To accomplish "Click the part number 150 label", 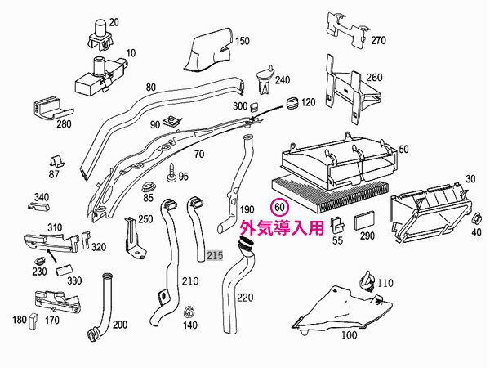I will click(243, 41).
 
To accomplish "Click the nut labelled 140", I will click(189, 312).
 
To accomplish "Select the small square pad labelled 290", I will click(365, 220).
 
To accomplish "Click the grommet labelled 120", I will click(291, 104).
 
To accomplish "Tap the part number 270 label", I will click(377, 40).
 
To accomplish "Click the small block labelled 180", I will click(33, 320).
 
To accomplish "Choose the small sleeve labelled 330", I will click(64, 269).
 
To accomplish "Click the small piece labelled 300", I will click(255, 106).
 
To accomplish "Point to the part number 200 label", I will click(119, 325).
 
